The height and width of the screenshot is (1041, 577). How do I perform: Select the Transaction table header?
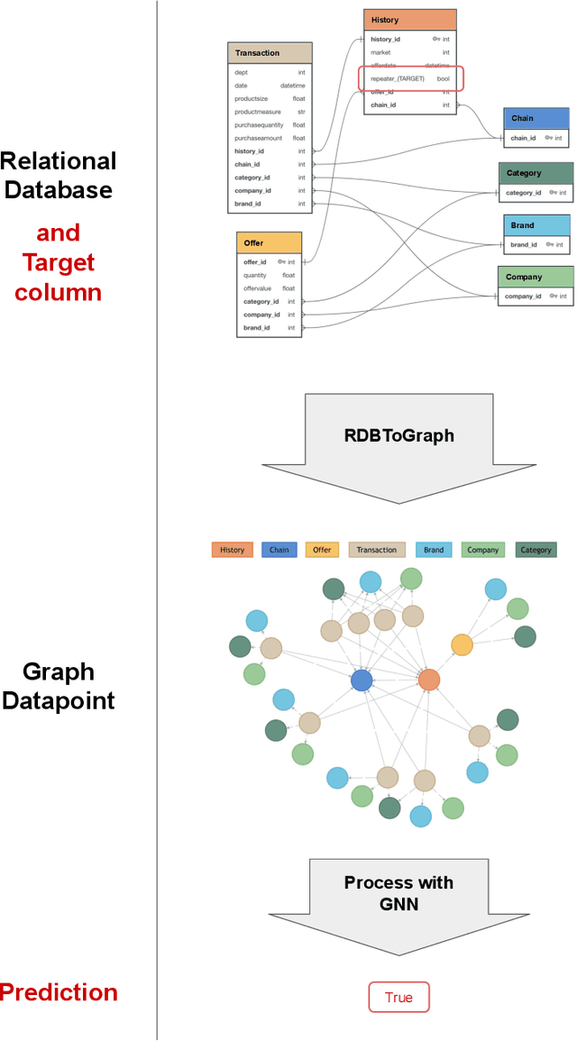coord(270,53)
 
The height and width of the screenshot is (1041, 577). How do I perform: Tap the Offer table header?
coord(269,243)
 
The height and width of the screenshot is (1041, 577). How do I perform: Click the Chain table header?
coord(536,119)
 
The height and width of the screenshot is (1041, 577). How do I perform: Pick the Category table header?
coord(536,173)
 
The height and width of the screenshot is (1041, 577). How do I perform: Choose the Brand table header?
coord(536,225)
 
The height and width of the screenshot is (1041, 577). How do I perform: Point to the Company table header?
coord(536,277)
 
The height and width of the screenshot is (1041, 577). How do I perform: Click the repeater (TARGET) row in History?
coord(410,78)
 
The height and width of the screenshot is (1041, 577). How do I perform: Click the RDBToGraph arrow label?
coord(398,435)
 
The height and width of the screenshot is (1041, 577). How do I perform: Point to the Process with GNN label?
coord(398,891)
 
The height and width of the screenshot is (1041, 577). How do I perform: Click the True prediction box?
coord(398,998)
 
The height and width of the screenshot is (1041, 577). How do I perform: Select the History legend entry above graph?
coord(232,550)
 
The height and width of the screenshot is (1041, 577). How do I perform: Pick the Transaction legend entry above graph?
coord(376,550)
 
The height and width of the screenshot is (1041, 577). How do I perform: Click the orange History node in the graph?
coord(429,680)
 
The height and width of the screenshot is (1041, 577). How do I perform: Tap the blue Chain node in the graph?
coord(362,680)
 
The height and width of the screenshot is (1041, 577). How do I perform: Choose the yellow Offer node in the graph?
coord(462,644)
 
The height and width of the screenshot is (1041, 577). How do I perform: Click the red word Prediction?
coord(59,992)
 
